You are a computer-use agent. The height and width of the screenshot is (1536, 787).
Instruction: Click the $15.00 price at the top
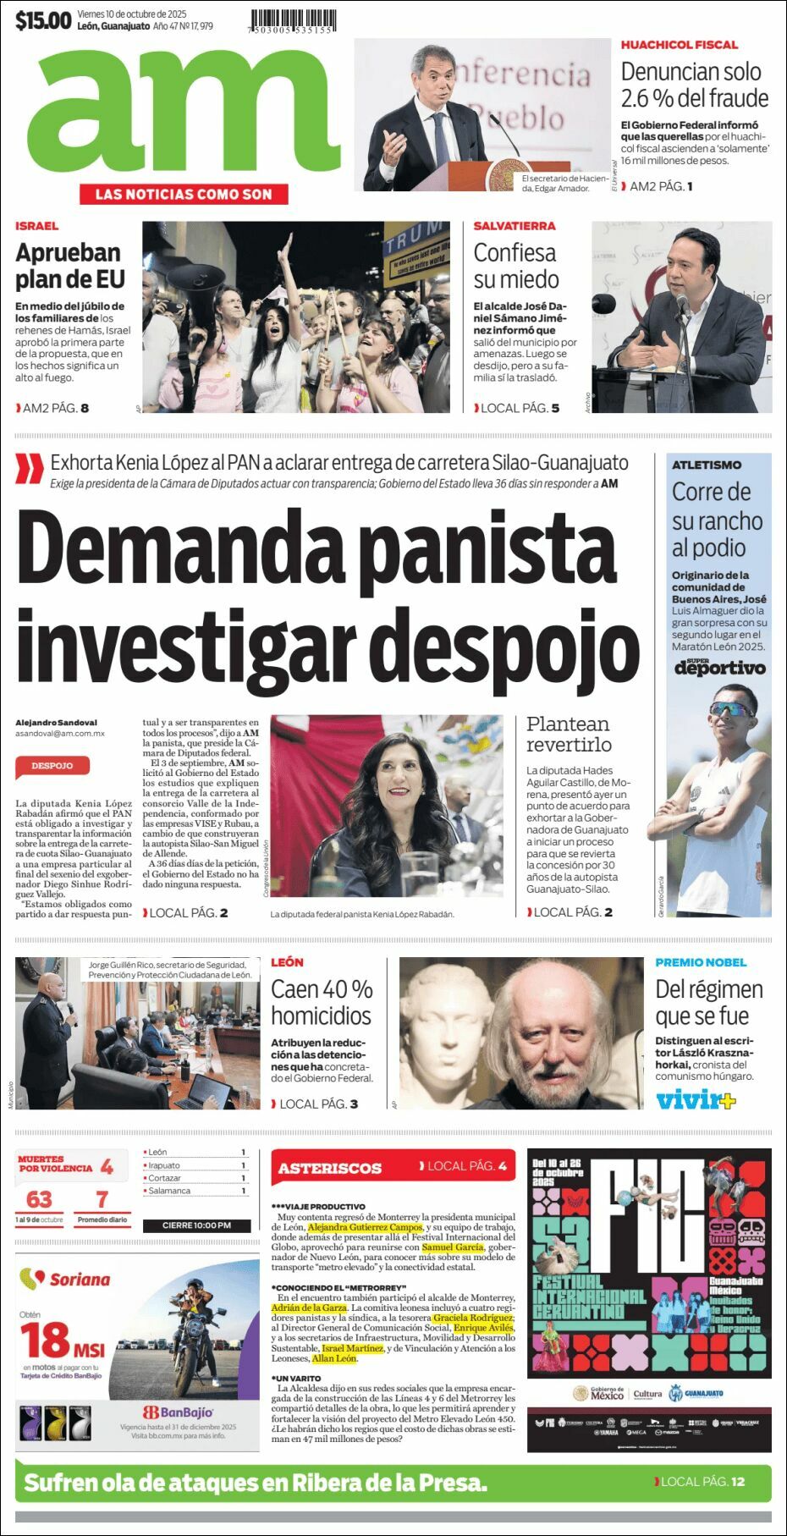(x=42, y=20)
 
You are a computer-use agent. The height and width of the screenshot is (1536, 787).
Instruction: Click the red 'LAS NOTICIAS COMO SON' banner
(x=184, y=194)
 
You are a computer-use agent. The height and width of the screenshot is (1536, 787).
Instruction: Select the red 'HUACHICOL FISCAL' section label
(x=680, y=45)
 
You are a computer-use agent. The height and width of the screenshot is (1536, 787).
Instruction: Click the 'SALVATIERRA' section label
(x=515, y=226)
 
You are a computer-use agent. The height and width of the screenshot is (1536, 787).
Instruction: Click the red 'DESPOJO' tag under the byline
(x=52, y=766)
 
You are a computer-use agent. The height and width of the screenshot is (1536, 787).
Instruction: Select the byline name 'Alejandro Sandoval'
(x=56, y=723)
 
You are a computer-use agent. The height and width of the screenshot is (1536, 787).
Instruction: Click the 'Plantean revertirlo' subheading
(x=568, y=734)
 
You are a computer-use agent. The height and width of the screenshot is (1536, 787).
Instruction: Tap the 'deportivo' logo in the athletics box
(x=719, y=668)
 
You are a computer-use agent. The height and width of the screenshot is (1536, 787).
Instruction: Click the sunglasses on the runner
(x=733, y=709)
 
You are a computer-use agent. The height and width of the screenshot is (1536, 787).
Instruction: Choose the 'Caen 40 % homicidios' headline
(x=322, y=1002)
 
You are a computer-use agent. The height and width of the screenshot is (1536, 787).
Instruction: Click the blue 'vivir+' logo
(x=696, y=1100)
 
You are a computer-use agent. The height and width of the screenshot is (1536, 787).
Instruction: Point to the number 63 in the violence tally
(x=39, y=1199)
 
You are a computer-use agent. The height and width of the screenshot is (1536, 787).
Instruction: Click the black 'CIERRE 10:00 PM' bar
(x=196, y=1225)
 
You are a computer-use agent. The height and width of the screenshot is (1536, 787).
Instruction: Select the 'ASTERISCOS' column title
(x=330, y=1169)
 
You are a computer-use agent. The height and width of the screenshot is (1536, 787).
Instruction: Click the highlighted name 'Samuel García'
(x=453, y=1247)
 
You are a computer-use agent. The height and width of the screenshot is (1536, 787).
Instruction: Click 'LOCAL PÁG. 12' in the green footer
(x=702, y=1481)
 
